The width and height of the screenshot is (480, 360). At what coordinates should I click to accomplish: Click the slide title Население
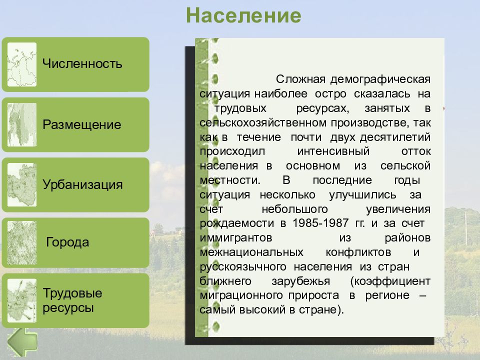tap(243, 15)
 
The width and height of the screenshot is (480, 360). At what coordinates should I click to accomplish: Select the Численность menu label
tap(82, 63)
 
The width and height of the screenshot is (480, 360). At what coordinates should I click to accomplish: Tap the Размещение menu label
tap(81, 124)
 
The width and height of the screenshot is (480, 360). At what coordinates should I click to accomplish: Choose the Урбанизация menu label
tap(82, 184)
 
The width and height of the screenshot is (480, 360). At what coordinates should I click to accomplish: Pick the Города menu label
tap(67, 242)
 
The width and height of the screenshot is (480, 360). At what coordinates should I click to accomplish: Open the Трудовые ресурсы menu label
tap(72, 300)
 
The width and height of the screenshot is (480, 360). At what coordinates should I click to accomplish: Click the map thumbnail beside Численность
tap(22, 64)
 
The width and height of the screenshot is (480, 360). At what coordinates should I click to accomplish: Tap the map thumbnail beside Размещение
tap(22, 124)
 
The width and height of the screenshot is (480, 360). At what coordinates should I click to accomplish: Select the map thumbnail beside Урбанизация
tap(22, 184)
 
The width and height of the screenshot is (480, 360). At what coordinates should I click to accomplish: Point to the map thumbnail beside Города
tap(22, 242)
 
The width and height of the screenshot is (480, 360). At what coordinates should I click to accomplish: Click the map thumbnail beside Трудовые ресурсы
tap(22, 300)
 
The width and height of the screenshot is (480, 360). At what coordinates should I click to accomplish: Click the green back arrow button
tap(22, 342)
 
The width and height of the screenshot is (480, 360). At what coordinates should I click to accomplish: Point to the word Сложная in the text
tap(300, 79)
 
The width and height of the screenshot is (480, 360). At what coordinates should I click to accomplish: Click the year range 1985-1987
tap(320, 223)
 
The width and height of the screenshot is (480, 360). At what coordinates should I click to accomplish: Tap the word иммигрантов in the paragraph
tap(236, 237)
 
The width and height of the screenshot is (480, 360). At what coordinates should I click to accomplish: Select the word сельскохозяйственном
tap(263, 122)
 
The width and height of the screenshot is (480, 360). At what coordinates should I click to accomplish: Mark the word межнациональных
tap(251, 252)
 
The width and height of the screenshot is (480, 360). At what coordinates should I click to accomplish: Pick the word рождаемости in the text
tap(236, 223)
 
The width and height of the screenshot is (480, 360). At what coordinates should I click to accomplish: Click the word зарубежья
tap(301, 281)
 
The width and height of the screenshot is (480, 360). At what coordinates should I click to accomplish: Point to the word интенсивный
tap(333, 151)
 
